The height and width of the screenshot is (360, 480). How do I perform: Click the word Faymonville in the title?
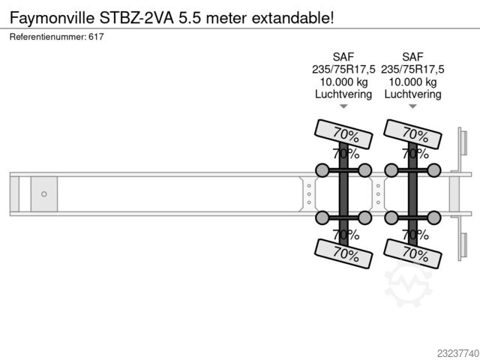[52, 18]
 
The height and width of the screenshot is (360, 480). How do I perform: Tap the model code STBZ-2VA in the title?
[136, 17]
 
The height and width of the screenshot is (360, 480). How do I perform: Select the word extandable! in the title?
[292, 17]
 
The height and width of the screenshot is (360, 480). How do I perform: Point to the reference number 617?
[96, 37]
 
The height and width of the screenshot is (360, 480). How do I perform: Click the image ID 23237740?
[457, 353]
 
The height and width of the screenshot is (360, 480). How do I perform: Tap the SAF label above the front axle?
[343, 57]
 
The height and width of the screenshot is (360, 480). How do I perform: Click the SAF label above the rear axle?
[412, 57]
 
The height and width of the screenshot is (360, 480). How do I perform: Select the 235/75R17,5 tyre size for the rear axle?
[412, 70]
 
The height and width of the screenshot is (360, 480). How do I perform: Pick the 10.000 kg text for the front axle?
[343, 82]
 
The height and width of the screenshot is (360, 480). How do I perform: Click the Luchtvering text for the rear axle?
[412, 94]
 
